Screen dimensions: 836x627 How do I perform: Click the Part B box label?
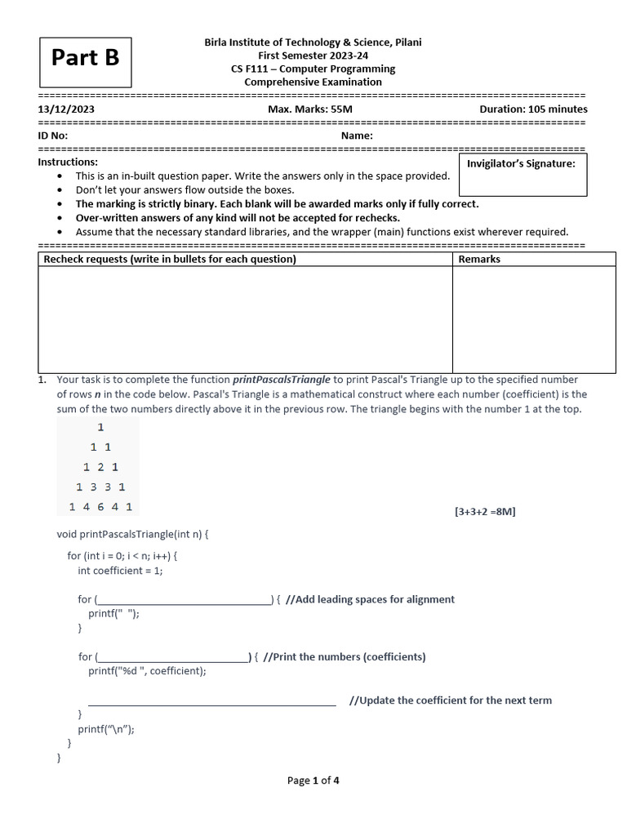[x=86, y=57]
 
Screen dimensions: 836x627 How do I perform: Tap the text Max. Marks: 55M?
[x=310, y=109]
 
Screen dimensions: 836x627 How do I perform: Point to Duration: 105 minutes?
[x=533, y=109]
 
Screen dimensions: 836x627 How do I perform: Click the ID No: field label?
[x=53, y=136]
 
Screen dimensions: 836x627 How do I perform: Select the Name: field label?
[x=357, y=136]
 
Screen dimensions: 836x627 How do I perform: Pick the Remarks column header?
[x=479, y=259]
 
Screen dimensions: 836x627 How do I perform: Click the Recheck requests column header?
[x=170, y=259]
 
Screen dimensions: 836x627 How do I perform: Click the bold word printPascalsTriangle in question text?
[x=282, y=380]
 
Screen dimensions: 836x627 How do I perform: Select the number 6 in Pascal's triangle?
[x=101, y=507]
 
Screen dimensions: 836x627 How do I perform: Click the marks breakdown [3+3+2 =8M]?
[x=485, y=512]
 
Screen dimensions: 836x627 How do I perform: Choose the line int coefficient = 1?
[x=120, y=571]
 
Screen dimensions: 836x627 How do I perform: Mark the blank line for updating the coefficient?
[x=211, y=700]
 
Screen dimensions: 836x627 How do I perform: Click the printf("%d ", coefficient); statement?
[x=148, y=671]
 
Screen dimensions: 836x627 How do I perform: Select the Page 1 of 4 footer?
[x=313, y=780]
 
